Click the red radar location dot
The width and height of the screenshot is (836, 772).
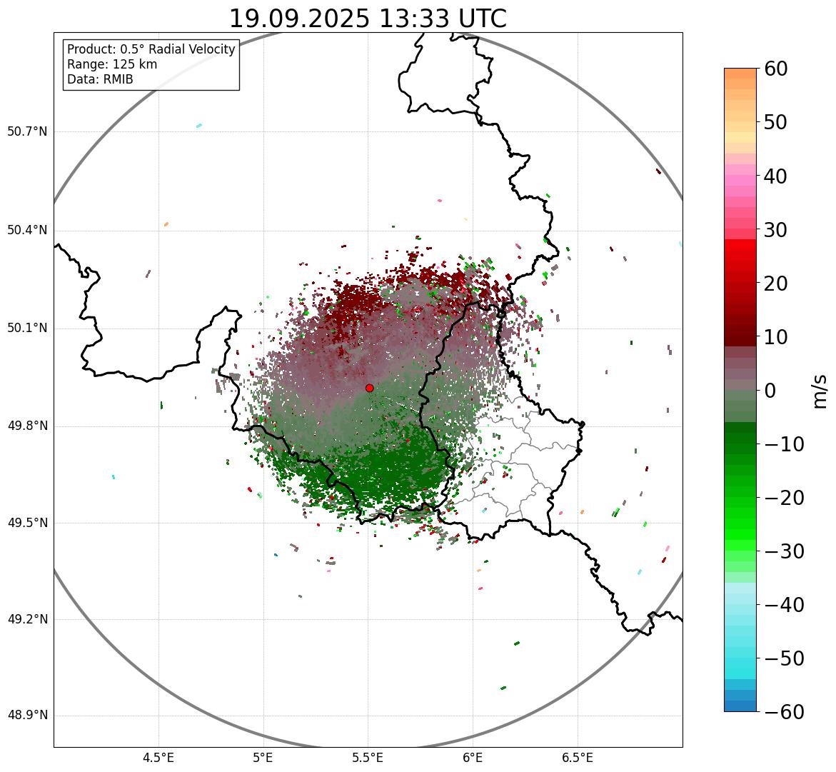(x=370, y=388)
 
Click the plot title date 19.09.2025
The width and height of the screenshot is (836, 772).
(x=299, y=19)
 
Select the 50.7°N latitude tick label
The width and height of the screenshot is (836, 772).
(x=27, y=131)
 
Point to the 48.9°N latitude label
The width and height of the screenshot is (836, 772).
(x=27, y=716)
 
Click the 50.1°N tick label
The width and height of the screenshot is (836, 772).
(x=27, y=329)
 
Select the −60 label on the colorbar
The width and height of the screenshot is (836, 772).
(x=784, y=712)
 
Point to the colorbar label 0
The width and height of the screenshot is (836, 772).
(x=770, y=391)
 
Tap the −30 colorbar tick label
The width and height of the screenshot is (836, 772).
(x=784, y=551)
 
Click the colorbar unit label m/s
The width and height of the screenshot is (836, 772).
(x=820, y=391)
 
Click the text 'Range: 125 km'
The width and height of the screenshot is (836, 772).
(x=112, y=64)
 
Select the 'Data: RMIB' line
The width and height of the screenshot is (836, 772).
(x=100, y=79)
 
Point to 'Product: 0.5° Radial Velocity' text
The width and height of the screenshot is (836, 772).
(x=151, y=49)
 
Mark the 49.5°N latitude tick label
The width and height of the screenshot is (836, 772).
(x=27, y=523)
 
